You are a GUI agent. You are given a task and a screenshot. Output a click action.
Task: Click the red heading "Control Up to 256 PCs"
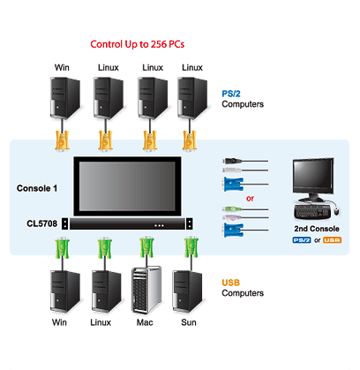tap(138, 44)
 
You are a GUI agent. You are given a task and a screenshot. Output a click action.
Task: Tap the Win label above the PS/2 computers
tap(62, 68)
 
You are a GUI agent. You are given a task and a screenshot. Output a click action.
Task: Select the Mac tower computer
tap(146, 290)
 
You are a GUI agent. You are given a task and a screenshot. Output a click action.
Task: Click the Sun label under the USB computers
tap(189, 322)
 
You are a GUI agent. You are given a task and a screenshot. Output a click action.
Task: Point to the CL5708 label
tap(42, 223)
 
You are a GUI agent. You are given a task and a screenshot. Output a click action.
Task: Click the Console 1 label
tap(37, 188)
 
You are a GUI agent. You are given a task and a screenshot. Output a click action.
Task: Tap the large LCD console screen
tap(127, 186)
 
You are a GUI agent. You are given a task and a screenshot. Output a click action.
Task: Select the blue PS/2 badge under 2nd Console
tap(302, 240)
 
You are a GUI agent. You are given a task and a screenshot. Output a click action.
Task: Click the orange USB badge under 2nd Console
tap(332, 240)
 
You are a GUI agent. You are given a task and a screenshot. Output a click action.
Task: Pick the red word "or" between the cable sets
tap(250, 199)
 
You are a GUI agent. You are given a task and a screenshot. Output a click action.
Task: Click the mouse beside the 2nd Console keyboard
tap(336, 211)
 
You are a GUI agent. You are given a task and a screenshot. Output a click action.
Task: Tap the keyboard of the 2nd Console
tap(312, 212)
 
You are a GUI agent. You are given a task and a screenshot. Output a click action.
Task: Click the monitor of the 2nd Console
tap(313, 179)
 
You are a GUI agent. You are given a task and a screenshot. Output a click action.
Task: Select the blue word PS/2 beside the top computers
tap(231, 94)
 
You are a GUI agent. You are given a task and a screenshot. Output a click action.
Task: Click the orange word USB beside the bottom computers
tap(231, 283)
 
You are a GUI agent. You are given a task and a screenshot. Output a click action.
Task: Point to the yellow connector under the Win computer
tap(62, 140)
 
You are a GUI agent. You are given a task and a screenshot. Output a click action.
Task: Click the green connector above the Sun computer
tap(191, 247)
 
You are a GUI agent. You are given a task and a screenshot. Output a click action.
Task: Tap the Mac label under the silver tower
tap(145, 322)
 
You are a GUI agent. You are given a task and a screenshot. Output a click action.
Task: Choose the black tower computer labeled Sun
tap(187, 291)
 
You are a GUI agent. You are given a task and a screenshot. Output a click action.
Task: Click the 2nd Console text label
tap(317, 229)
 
